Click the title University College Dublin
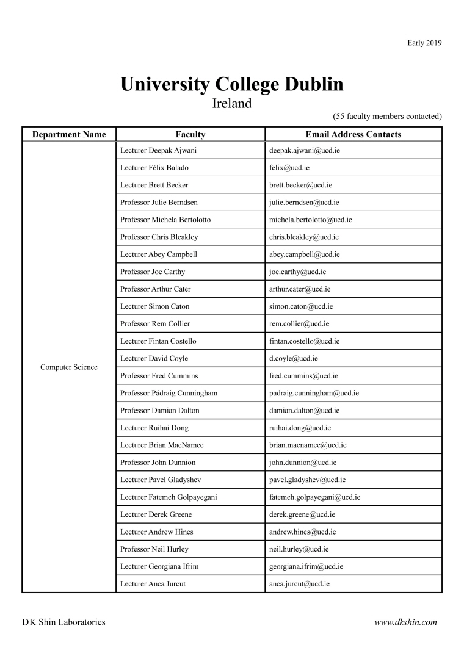tap(232, 84)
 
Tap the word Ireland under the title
tap(232, 103)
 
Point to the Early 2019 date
tap(424, 43)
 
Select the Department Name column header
tap(69, 134)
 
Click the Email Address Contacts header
tap(353, 134)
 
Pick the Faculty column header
tap(190, 134)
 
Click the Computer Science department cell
tap(69, 367)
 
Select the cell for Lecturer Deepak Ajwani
tap(158, 150)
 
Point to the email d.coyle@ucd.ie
tap(293, 358)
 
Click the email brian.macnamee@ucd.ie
tap(303, 445)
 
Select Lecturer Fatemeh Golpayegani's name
tap(169, 497)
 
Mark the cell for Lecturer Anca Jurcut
tap(153, 584)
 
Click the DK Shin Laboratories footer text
tap(63, 622)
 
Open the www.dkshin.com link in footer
tap(406, 622)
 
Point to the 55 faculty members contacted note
tap(387, 116)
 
